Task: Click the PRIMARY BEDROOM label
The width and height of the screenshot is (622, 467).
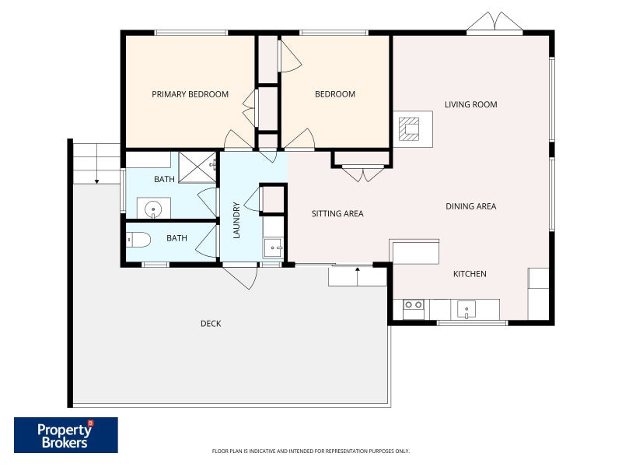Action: (x=190, y=94)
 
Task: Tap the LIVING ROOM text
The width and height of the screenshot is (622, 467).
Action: (x=470, y=104)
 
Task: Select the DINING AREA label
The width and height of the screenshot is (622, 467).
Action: (x=471, y=206)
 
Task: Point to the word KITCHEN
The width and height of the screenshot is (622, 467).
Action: (x=470, y=274)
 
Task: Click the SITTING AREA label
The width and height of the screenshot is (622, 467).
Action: (x=337, y=213)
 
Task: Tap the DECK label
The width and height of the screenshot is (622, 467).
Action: (x=211, y=324)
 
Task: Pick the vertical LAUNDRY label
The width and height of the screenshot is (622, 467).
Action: (x=236, y=220)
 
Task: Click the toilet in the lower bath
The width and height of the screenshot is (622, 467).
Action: (x=138, y=240)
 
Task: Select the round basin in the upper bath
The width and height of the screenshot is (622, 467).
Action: (x=153, y=209)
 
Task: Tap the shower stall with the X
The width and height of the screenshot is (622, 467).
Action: (x=197, y=167)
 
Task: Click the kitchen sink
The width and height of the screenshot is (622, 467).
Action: (x=466, y=309)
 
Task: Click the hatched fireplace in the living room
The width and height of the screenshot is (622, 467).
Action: (x=409, y=129)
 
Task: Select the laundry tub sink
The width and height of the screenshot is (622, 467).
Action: (x=273, y=248)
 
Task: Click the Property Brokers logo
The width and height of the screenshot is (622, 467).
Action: (x=66, y=435)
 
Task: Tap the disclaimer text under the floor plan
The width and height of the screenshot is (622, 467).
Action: (x=310, y=451)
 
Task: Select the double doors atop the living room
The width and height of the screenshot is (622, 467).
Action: (x=494, y=21)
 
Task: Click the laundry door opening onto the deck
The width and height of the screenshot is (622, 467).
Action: (x=240, y=276)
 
